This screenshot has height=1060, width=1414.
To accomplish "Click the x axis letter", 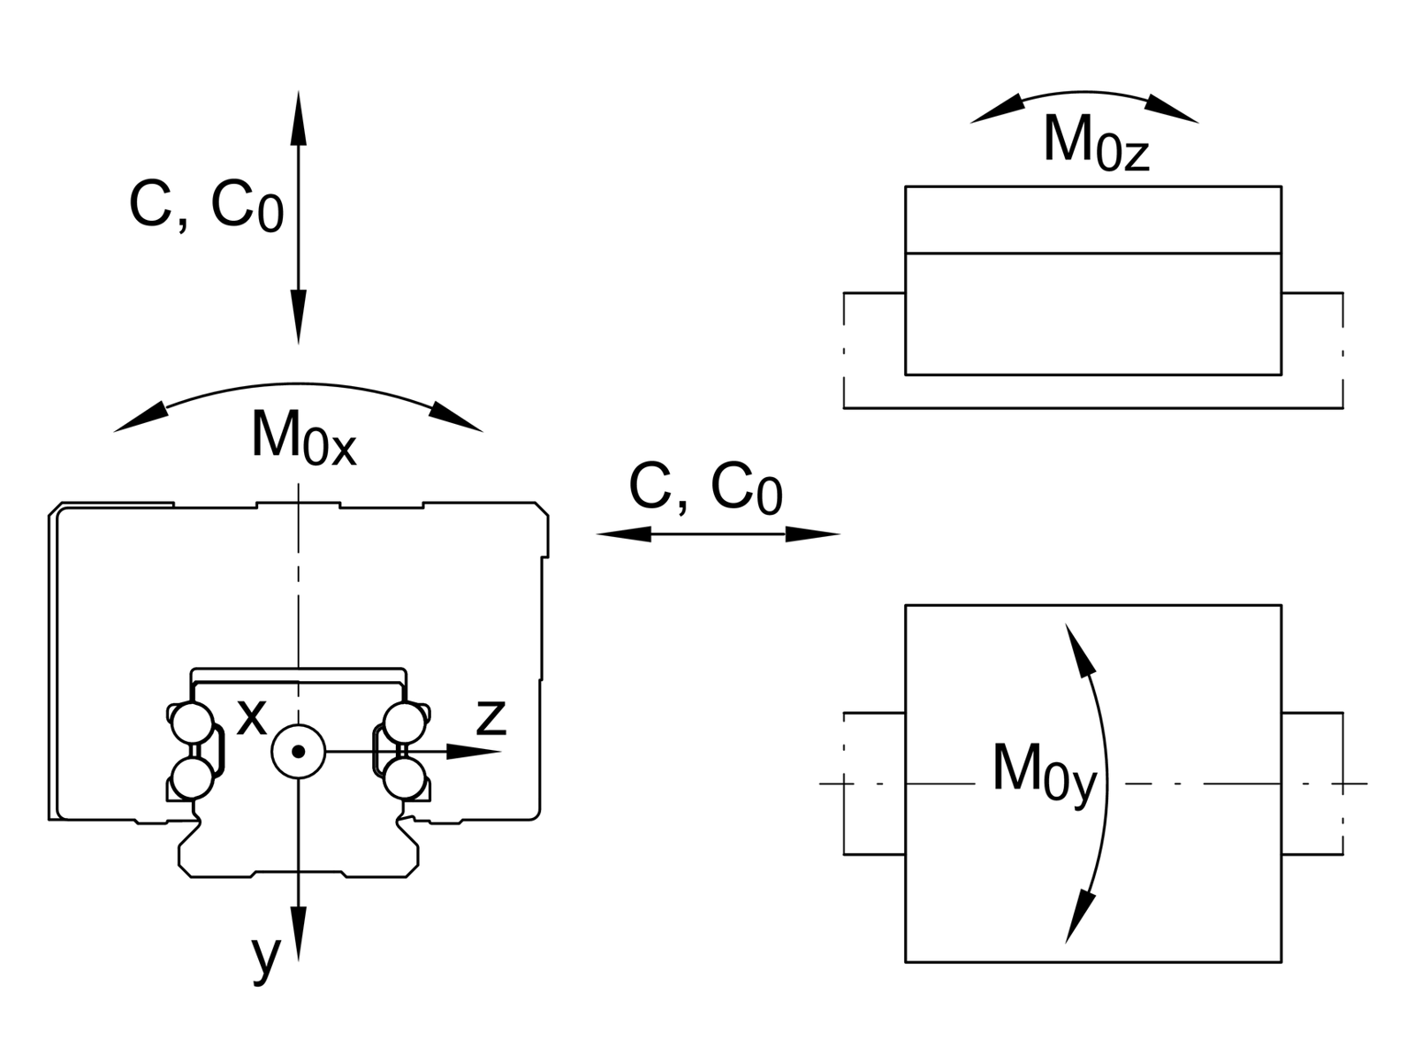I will point(252,718).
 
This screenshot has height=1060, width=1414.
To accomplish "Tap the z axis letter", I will point(490,718).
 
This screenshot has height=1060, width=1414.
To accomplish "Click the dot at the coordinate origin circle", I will point(299,752).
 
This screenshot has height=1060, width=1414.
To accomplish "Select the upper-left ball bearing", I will point(192,723).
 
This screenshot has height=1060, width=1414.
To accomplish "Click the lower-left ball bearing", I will point(192,779).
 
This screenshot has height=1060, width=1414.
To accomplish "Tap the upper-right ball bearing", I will point(406,723).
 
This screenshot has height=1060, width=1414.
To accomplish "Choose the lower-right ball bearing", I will point(406,779).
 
